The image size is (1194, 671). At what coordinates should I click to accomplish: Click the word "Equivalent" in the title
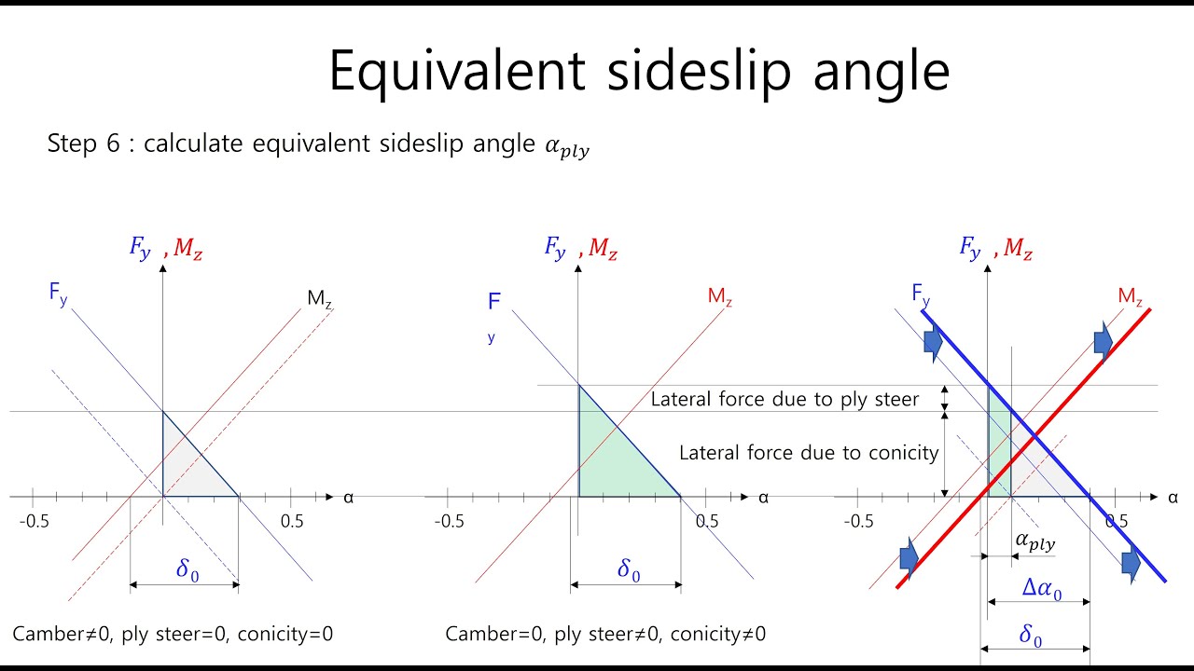tap(456, 72)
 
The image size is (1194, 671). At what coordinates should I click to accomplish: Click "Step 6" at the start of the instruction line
tap(85, 144)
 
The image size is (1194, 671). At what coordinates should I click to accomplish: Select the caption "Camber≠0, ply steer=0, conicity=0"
tap(173, 635)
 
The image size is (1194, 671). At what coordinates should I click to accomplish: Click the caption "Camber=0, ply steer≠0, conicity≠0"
tap(605, 635)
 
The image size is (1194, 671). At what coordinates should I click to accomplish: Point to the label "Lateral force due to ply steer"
tap(784, 400)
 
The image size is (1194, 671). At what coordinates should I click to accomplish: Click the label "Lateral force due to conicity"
tap(808, 453)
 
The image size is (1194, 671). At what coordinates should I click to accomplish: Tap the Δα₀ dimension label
tap(1042, 589)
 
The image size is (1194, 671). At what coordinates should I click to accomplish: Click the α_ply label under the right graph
tap(1034, 541)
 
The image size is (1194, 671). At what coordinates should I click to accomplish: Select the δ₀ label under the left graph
tap(187, 570)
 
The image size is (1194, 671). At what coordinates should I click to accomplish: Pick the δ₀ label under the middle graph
tap(629, 570)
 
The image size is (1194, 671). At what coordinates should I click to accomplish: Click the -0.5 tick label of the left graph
tap(35, 521)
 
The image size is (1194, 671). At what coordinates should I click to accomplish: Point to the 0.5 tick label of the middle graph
tap(707, 521)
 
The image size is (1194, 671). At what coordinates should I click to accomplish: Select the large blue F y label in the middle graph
tap(494, 302)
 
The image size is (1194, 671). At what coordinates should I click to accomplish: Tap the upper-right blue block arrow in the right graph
tap(1103, 341)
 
